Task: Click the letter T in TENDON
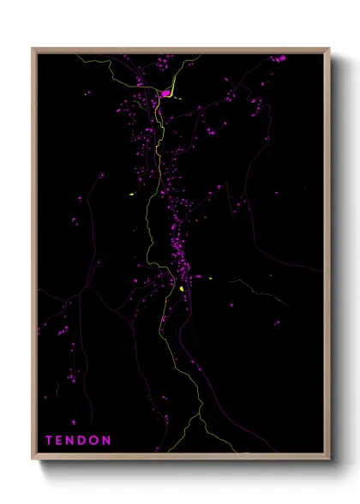(x=50, y=441)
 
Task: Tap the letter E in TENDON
(x=61, y=441)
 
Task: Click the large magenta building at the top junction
(x=165, y=93)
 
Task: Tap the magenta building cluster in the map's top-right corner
(x=279, y=59)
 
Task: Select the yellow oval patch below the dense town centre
(x=183, y=289)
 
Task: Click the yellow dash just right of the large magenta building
(x=178, y=97)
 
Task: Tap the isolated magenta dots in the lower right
(x=277, y=323)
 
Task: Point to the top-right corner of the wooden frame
(x=329, y=49)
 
